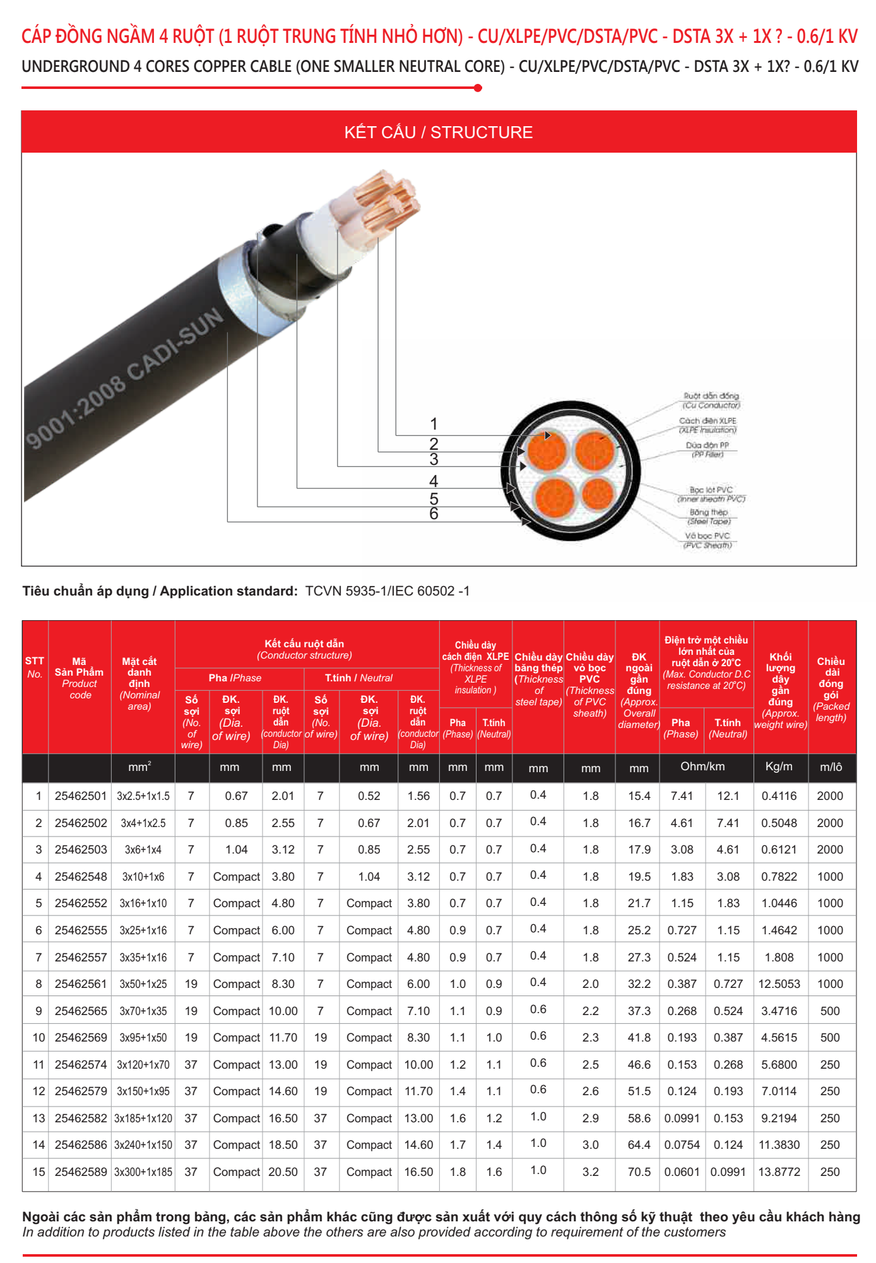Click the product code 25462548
(81, 877)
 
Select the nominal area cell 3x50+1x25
(143, 984)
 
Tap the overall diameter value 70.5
(639, 1172)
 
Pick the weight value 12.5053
(779, 984)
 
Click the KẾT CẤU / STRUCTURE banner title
(438, 132)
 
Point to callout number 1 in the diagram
(434, 424)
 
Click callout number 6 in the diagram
(434, 514)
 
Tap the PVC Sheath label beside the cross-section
(707, 541)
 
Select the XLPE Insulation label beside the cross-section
(707, 425)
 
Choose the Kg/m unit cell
(779, 767)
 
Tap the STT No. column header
(35, 667)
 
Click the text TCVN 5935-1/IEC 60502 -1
(388, 591)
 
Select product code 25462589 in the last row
(81, 1172)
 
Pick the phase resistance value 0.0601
(682, 1172)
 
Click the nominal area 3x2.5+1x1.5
(143, 796)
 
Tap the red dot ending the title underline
(478, 88)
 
